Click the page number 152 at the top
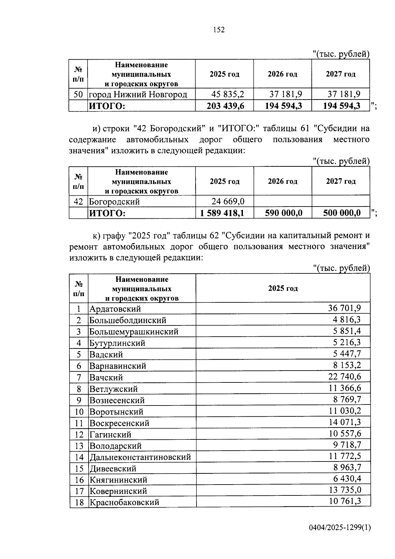pyautogui.click(x=219, y=30)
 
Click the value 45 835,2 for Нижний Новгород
pyautogui.click(x=228, y=94)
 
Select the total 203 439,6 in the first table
pyautogui.click(x=225, y=106)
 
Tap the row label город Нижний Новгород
pyautogui.click(x=138, y=95)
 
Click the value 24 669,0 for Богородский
pyautogui.click(x=228, y=201)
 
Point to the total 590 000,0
pyautogui.click(x=283, y=213)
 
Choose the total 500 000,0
pyautogui.click(x=342, y=213)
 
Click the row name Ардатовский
pyautogui.click(x=115, y=309)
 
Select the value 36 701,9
pyautogui.click(x=344, y=308)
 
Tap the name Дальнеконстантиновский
pyautogui.click(x=140, y=457)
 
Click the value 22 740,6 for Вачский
pyautogui.click(x=344, y=377)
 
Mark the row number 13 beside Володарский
pyautogui.click(x=79, y=446)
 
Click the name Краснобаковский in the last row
pyautogui.click(x=124, y=503)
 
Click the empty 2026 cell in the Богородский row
pyautogui.click(x=282, y=201)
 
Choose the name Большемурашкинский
pyautogui.click(x=134, y=332)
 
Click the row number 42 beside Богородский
pyautogui.click(x=78, y=201)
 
